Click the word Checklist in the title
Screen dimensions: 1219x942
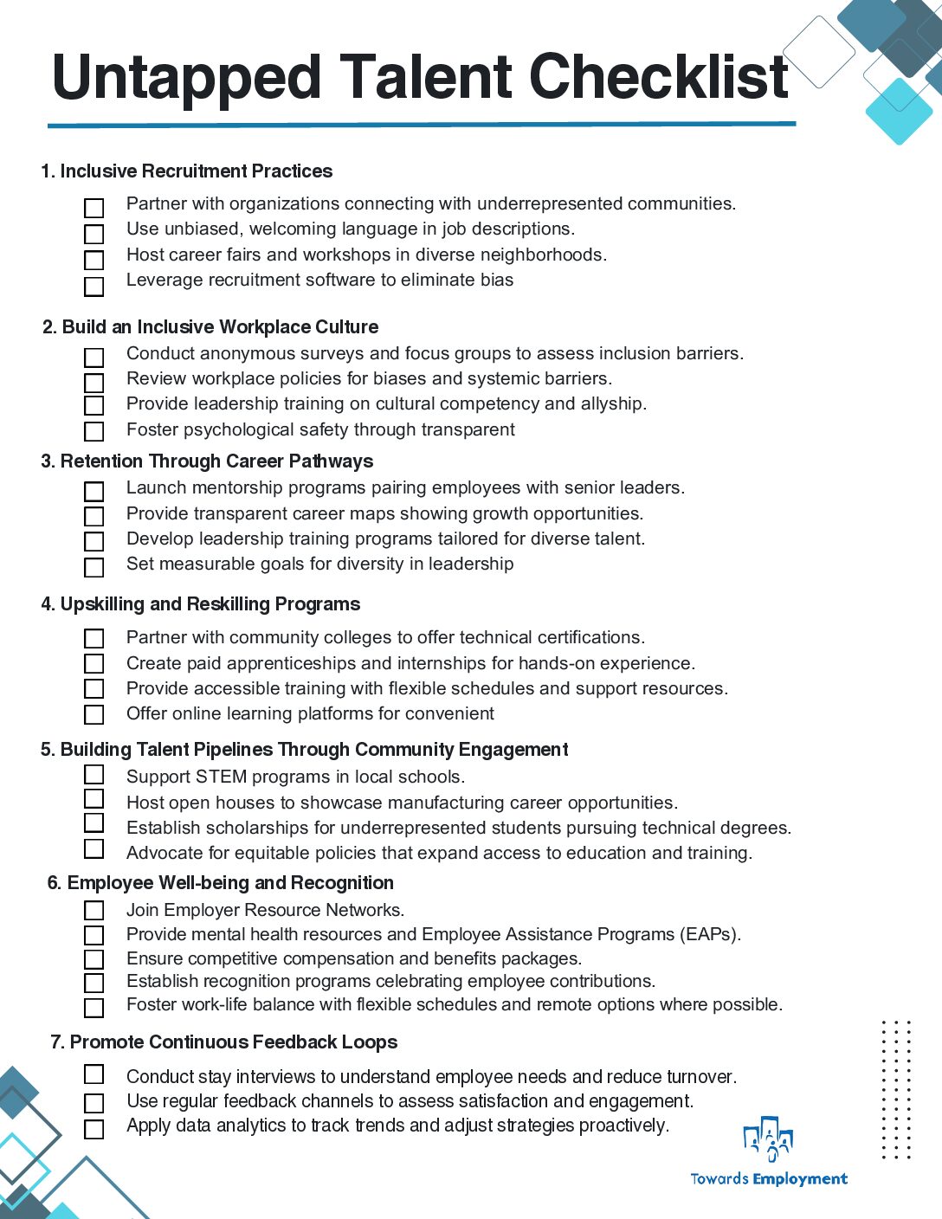pos(658,78)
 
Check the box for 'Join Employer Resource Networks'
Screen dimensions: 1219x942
pos(94,911)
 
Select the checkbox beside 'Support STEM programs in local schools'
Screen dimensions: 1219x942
pos(94,774)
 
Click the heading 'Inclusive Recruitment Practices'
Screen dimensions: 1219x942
pos(196,171)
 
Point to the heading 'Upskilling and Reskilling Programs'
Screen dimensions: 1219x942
pos(210,604)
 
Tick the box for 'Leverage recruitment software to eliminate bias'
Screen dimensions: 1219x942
pos(94,286)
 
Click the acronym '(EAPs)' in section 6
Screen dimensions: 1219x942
pos(711,935)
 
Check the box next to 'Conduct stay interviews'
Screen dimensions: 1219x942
pos(94,1074)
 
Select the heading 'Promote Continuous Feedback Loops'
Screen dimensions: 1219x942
pos(233,1042)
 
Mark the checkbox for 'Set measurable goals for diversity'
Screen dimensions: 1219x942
pos(94,567)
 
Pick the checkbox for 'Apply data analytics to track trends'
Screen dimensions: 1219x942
pos(94,1129)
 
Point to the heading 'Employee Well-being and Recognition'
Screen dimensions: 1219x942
pos(229,883)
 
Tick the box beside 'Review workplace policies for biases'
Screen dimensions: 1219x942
pos(94,383)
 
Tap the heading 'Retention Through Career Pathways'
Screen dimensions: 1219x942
pos(216,461)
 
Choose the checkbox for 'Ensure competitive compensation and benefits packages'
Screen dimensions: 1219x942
pos(94,959)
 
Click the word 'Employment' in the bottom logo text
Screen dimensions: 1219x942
pos(800,1179)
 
